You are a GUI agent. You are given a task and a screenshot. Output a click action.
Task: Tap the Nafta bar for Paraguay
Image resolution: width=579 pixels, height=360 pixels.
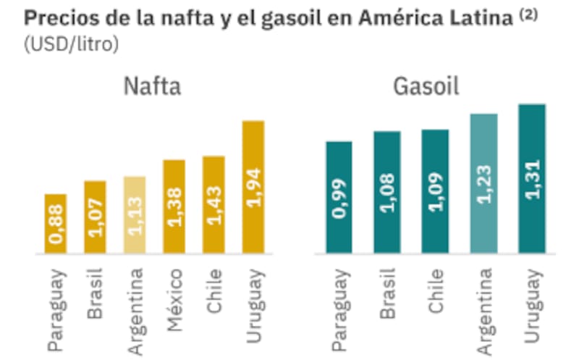tap(56, 224)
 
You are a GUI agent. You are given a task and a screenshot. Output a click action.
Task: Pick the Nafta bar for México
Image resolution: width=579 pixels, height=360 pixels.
tap(174, 206)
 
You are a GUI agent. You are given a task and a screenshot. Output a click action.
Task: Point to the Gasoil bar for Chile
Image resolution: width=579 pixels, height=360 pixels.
tap(436, 191)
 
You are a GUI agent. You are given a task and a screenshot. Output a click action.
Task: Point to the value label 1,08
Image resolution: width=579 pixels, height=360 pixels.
tap(388, 196)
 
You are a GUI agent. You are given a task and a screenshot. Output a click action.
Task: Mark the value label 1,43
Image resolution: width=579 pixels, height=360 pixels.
tap(214, 206)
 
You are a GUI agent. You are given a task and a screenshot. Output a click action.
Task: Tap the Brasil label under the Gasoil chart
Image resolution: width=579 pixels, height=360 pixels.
tap(388, 293)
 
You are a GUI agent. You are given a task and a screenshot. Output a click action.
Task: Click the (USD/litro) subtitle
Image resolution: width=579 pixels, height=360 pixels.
tap(71, 44)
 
